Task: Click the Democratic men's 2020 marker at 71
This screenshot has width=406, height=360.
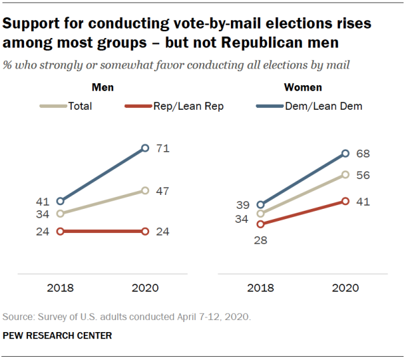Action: click(145, 148)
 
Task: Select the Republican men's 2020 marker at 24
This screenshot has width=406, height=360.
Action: click(145, 232)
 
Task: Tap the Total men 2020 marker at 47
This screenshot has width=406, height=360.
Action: click(145, 190)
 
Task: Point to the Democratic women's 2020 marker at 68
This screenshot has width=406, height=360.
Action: click(346, 153)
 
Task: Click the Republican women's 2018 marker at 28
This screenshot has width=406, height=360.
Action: click(260, 223)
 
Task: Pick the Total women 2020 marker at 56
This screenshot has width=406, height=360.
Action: click(346, 174)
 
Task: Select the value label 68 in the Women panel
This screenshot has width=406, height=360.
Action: click(363, 153)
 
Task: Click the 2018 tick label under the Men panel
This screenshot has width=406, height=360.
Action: click(60, 288)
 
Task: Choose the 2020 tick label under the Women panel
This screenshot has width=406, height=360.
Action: click(346, 288)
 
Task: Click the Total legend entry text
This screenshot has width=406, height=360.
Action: click(80, 106)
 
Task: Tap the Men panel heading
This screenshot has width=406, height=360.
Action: click(103, 88)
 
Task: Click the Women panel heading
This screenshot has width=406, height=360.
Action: click(303, 88)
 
